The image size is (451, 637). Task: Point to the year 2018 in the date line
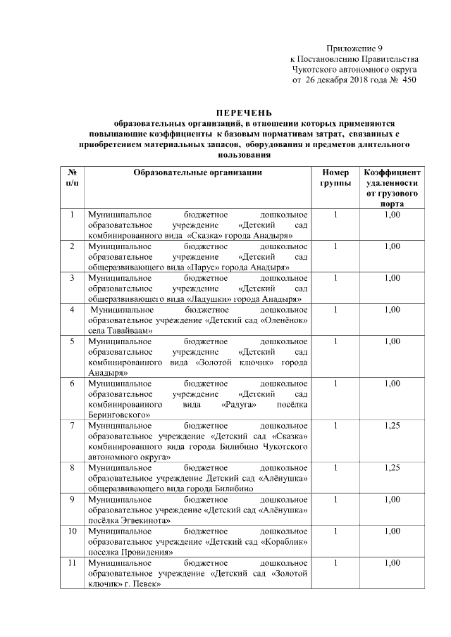361,82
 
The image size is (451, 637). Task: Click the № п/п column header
72,177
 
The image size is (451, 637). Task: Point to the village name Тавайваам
128,331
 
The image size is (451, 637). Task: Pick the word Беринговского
119,416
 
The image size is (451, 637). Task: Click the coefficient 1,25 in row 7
393,426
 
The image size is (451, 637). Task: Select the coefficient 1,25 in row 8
393,467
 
